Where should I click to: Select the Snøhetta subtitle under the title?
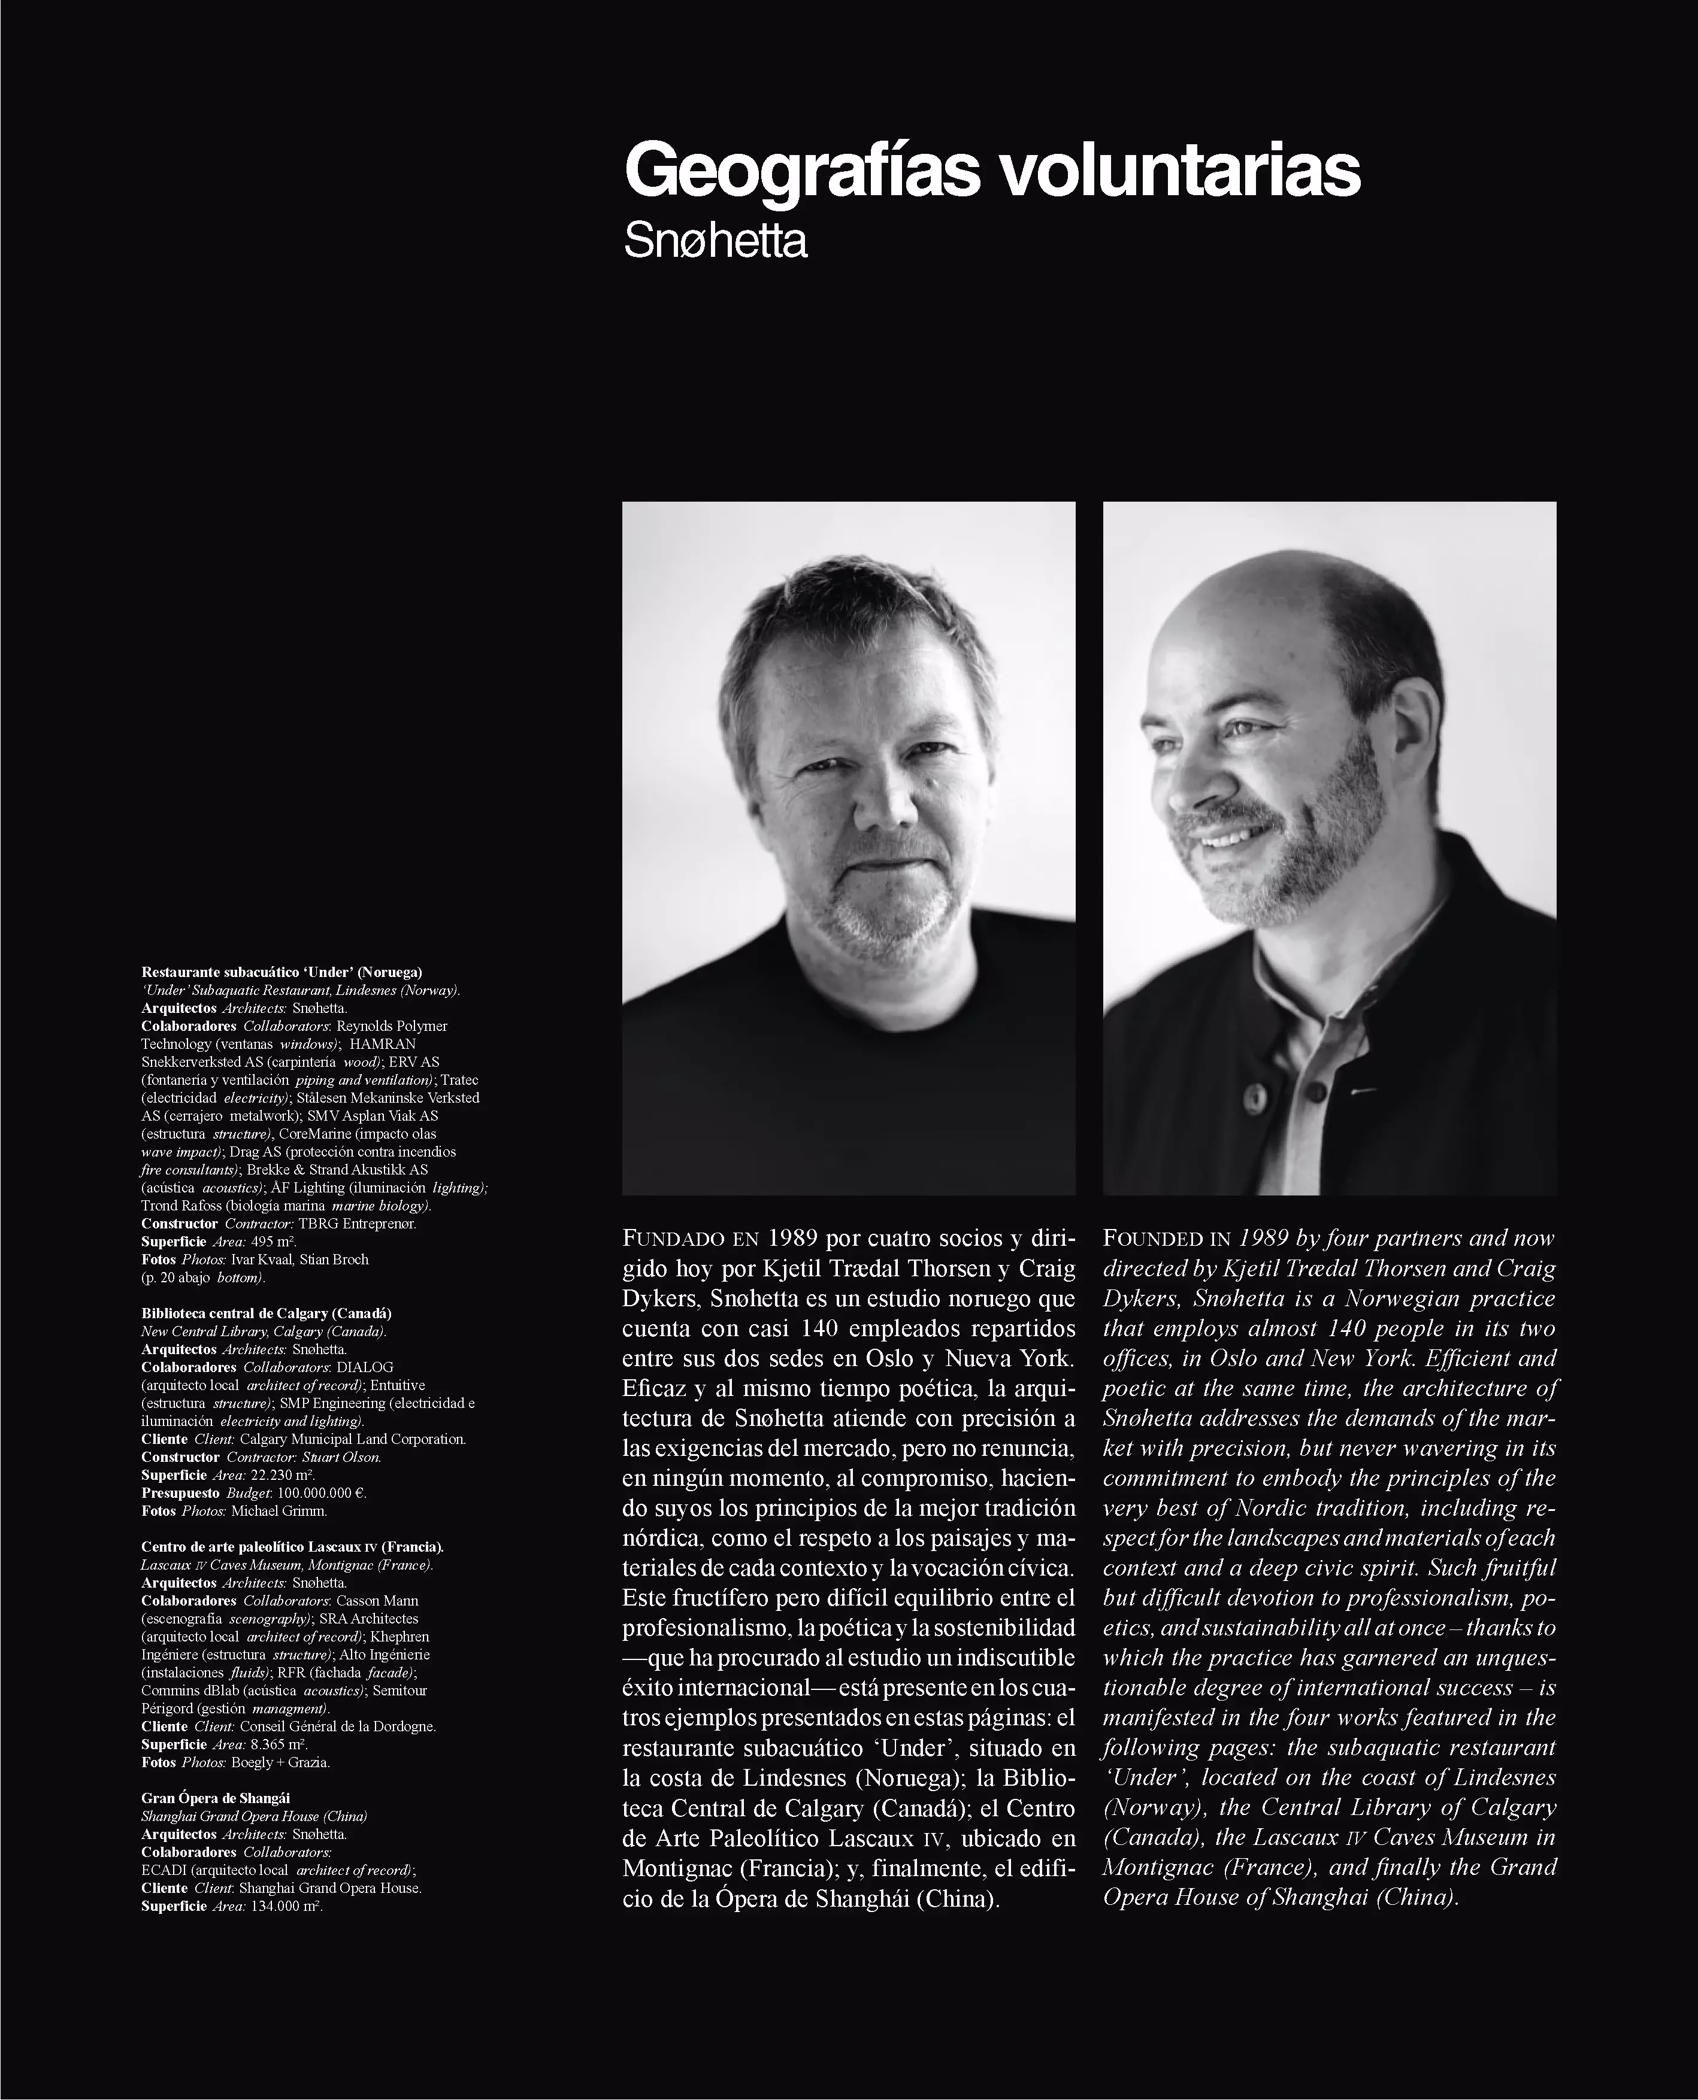715,241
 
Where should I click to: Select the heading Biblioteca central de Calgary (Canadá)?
266,1313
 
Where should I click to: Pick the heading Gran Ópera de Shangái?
215,1798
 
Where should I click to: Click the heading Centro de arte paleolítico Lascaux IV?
292,1547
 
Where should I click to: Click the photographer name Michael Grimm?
279,1510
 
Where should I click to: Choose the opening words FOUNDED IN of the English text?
1166,1239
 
